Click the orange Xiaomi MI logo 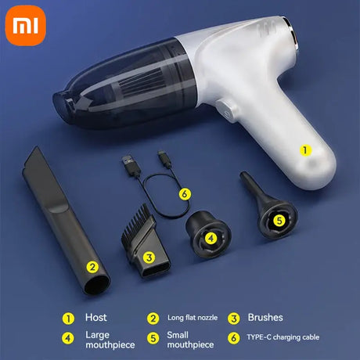(x=26, y=26)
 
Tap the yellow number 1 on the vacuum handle (x=304, y=150)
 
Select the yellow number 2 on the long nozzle (x=92, y=267)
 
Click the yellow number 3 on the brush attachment (x=149, y=257)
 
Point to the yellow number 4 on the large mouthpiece (x=211, y=238)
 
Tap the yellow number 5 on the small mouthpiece (x=279, y=221)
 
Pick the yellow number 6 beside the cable (x=185, y=194)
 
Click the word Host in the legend (x=96, y=318)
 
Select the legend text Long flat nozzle (x=193, y=318)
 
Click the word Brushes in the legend (x=265, y=318)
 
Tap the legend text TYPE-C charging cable (x=283, y=337)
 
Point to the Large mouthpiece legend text (x=110, y=340)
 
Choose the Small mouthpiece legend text (x=190, y=340)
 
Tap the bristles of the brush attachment (x=138, y=219)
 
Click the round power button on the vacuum (x=226, y=112)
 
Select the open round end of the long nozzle (x=97, y=285)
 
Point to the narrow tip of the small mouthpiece (x=243, y=175)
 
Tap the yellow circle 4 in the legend (x=68, y=338)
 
